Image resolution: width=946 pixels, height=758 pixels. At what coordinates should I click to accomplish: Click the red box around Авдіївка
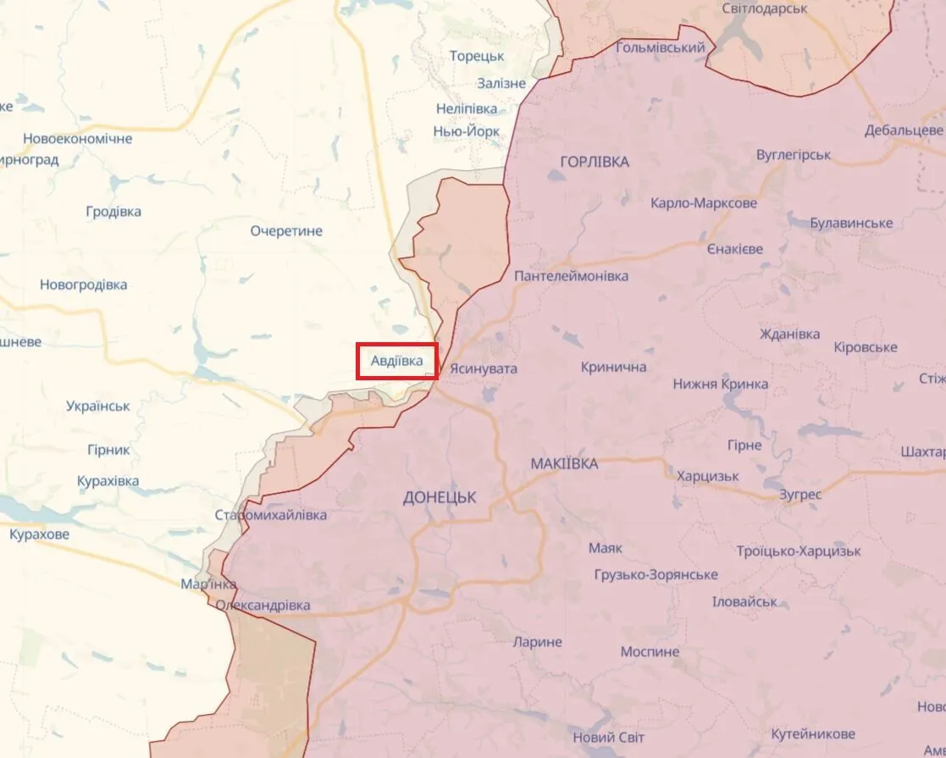[x=396, y=361]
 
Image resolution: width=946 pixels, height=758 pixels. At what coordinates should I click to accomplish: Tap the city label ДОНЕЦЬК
[x=439, y=498]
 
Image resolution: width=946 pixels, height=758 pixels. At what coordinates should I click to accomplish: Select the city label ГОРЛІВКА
[x=595, y=162]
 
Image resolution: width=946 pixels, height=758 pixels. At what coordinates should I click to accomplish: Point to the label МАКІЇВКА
[x=564, y=464]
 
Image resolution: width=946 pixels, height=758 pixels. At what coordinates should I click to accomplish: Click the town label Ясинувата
[x=483, y=369]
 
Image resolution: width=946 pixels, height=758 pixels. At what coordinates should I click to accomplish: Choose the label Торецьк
[x=477, y=56]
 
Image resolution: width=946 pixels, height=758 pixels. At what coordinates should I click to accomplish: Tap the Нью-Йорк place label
[x=466, y=131]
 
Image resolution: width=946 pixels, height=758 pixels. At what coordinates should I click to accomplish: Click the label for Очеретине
[x=286, y=231]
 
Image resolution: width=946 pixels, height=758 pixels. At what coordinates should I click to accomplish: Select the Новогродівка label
[x=83, y=285]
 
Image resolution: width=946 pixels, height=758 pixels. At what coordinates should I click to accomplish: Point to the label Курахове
[x=39, y=535]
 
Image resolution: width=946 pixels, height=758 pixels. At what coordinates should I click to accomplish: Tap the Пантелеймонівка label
[x=572, y=277]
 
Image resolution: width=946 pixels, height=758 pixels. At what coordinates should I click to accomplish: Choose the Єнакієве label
[x=734, y=249]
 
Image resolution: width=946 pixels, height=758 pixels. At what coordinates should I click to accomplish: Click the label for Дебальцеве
[x=904, y=130]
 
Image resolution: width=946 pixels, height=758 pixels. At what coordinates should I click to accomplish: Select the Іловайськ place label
[x=744, y=601]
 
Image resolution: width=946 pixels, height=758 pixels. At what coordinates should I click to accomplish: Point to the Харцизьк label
[x=707, y=476]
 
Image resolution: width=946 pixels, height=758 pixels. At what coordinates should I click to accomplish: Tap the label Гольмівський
[x=661, y=47]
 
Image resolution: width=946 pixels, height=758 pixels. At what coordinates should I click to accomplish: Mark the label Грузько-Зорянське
[x=656, y=575]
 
